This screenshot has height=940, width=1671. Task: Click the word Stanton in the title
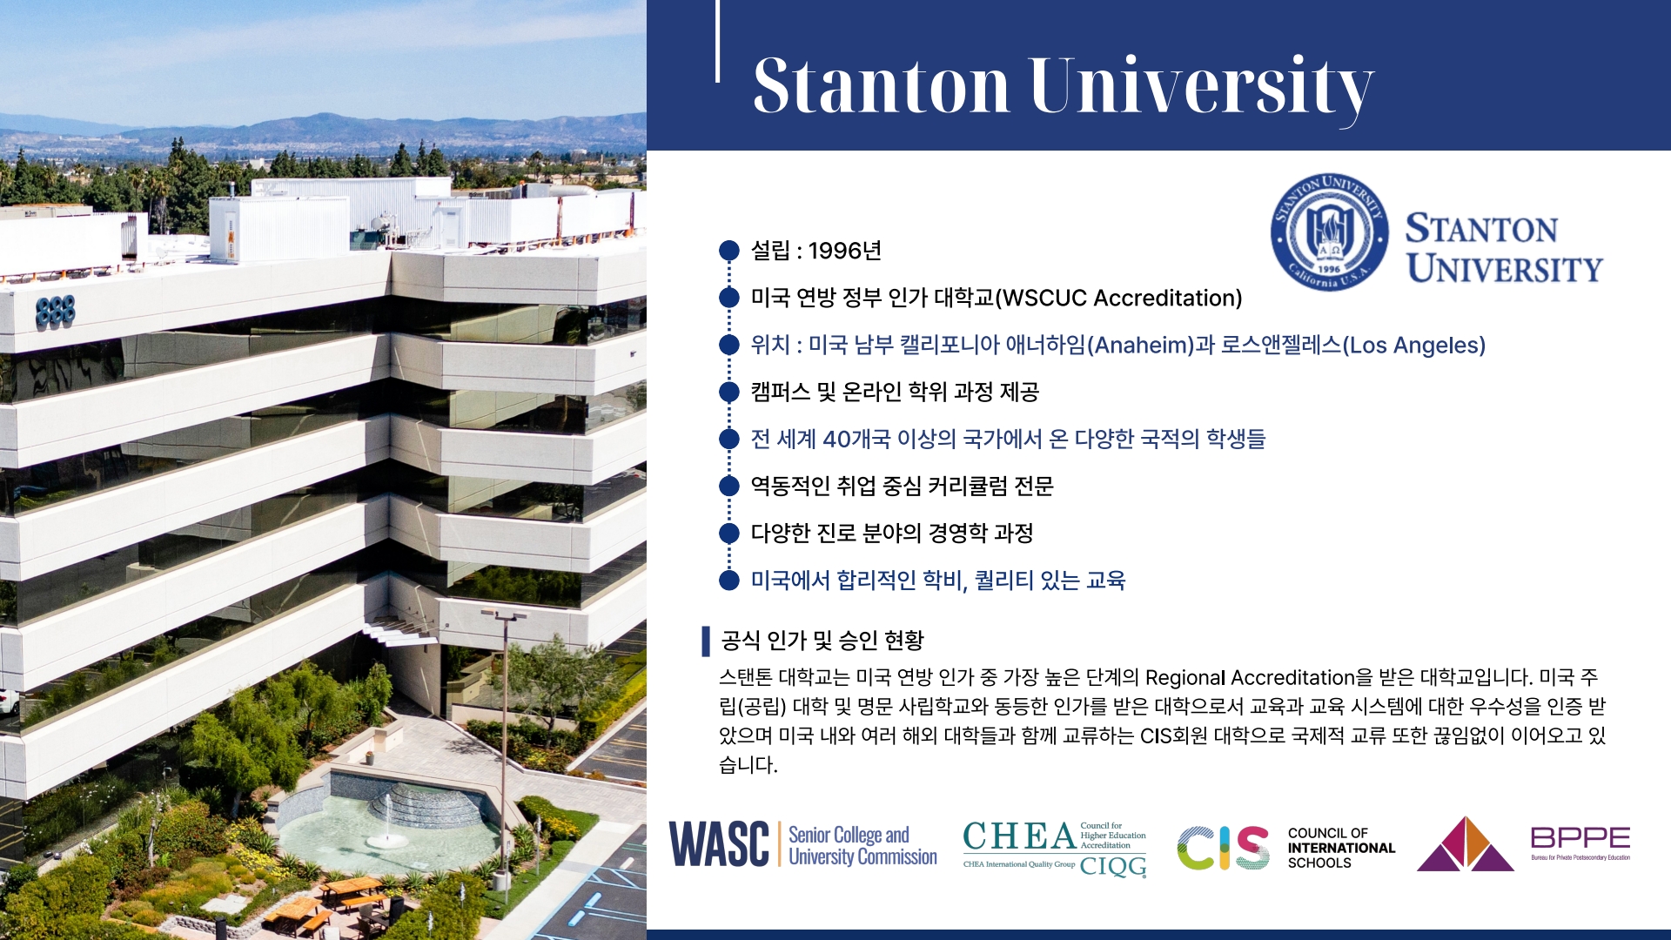point(881,85)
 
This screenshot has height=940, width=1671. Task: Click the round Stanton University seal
point(1329,232)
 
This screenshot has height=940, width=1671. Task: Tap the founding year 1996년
point(844,251)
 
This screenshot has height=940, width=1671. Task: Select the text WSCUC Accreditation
point(1118,298)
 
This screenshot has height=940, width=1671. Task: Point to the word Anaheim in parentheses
point(1143,345)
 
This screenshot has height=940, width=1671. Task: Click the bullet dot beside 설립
point(729,251)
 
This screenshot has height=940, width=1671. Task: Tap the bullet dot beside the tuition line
point(729,580)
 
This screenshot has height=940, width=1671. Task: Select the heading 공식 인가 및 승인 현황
point(822,641)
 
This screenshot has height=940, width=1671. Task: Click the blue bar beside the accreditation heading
point(706,641)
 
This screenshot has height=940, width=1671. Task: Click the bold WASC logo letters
point(719,844)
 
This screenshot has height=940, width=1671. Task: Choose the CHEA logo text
point(1019,836)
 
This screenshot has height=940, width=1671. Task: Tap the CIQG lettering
point(1113,866)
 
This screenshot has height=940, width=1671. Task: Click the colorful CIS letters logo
point(1223,848)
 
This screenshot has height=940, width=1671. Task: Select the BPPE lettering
point(1580,837)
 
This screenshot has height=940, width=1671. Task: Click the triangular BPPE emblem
point(1466,843)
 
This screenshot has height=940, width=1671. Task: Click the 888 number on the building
point(55,312)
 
